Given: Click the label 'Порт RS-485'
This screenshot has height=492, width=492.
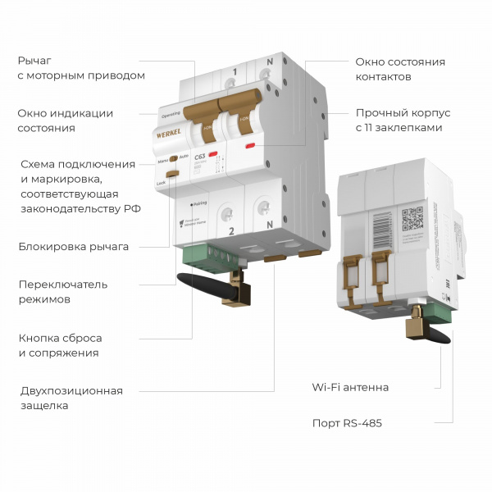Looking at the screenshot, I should coord(347,423).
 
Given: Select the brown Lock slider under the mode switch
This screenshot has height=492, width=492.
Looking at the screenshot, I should coord(172,173).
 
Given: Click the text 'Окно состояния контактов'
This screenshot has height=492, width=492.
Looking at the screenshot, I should coord(400,69).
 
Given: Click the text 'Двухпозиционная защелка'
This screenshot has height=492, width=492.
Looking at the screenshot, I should coord(72,398).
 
